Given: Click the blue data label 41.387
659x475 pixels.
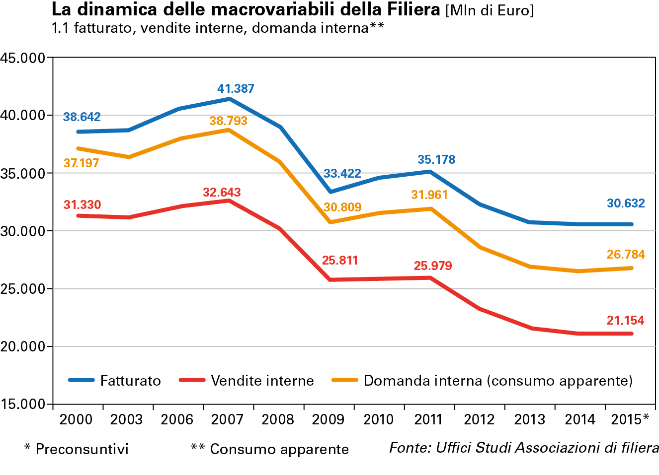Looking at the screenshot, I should (236, 89).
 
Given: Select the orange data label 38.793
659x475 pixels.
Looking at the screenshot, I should (228, 121).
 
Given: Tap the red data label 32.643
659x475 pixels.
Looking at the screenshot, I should (222, 193).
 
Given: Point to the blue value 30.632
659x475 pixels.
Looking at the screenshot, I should (626, 204).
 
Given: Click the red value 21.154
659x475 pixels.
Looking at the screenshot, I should (625, 321).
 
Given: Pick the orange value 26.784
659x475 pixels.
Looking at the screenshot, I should (626, 255).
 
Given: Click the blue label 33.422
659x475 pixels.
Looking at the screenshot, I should (342, 174).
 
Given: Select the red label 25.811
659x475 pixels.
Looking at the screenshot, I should (340, 261).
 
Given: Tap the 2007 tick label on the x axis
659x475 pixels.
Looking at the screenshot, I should (227, 420).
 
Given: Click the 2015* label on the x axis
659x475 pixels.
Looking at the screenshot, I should (630, 420).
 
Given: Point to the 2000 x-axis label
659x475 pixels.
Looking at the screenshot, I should (76, 420).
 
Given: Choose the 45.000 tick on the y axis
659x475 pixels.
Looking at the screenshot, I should (23, 58).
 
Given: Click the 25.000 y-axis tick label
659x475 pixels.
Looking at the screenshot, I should (23, 289).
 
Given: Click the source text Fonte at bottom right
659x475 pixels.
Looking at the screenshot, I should (524, 448).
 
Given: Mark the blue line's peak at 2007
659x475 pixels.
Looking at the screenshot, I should (229, 99).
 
